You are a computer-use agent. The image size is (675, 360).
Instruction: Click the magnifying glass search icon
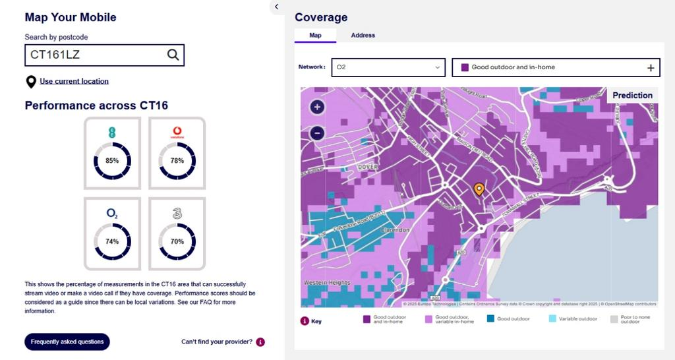[x=173, y=55]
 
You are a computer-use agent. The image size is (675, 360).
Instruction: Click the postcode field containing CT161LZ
[x=92, y=55]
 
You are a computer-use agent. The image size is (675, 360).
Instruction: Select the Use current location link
[x=74, y=81]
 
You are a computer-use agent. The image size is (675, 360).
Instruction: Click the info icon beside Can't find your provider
[x=260, y=342]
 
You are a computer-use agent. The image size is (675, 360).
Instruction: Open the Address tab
[x=363, y=36]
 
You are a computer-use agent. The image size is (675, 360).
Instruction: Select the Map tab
[x=315, y=36]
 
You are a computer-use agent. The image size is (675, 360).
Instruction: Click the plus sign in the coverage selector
[x=651, y=67]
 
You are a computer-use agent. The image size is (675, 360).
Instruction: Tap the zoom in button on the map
[x=317, y=107]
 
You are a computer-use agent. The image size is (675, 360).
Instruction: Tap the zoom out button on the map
[x=317, y=133]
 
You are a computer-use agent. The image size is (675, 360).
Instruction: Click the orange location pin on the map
[x=479, y=189]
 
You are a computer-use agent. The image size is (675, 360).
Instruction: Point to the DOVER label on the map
[x=368, y=167]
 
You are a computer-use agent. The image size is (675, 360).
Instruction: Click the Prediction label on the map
[x=632, y=96]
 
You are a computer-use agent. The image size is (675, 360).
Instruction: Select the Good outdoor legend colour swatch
[x=490, y=319]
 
